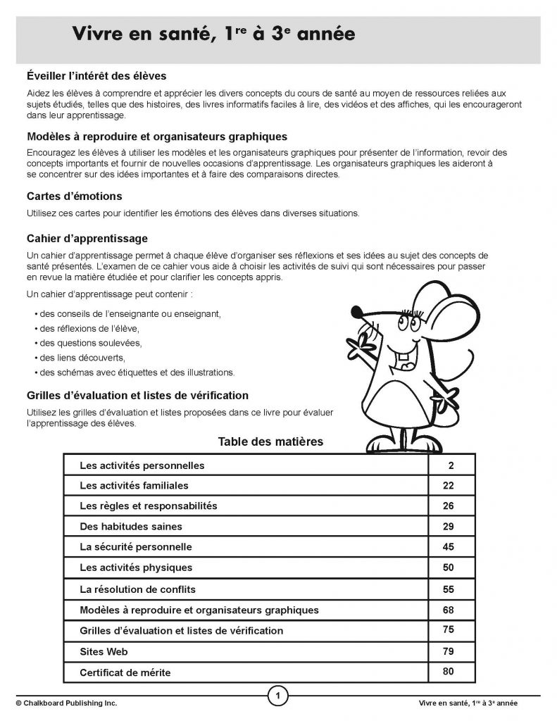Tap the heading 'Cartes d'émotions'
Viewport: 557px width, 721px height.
click(x=74, y=196)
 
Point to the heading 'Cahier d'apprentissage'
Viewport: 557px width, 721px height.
click(x=87, y=239)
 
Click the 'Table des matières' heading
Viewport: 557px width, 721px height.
click(x=270, y=442)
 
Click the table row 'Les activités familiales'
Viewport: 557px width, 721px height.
click(x=134, y=486)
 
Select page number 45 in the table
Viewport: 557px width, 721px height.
click(x=449, y=546)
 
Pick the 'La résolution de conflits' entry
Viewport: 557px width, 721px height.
click(x=137, y=589)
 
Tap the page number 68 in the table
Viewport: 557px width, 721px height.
click(x=449, y=609)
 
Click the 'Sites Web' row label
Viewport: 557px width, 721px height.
click(x=104, y=651)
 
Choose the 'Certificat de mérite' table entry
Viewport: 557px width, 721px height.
click(x=125, y=672)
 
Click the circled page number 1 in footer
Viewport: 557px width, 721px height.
click(x=279, y=697)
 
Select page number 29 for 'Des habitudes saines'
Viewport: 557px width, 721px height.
click(x=449, y=526)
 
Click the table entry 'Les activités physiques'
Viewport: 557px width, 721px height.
click(x=135, y=568)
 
